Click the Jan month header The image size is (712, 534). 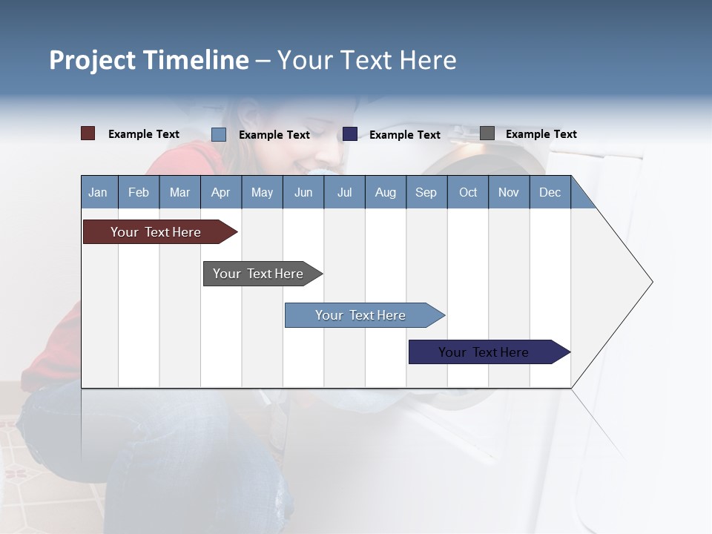tap(99, 192)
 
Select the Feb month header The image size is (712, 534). tap(139, 192)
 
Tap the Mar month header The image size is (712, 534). tap(179, 192)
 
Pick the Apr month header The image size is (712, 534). tap(221, 192)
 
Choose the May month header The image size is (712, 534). tap(262, 192)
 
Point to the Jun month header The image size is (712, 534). tap(303, 192)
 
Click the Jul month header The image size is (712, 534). tap(344, 192)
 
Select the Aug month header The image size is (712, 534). tap(386, 192)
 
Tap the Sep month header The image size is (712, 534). tap(426, 192)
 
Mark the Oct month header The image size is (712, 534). tap(468, 192)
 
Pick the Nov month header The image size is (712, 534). tap(509, 192)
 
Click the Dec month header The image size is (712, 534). tap(550, 192)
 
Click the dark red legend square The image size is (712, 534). tap(88, 133)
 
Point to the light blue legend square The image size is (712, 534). tap(219, 134)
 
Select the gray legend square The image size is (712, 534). tap(487, 133)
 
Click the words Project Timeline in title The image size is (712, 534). tap(149, 60)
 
